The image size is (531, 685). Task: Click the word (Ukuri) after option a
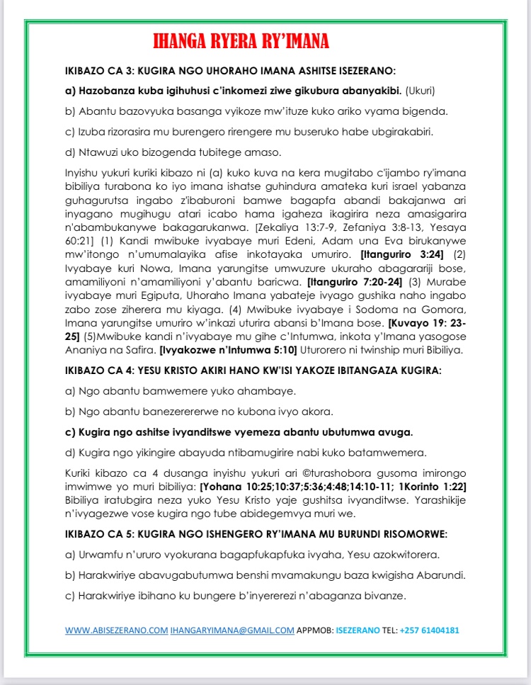(421, 91)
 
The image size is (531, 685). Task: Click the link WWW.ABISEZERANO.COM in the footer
(116, 630)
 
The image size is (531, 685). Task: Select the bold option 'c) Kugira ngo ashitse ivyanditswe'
(239, 432)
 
